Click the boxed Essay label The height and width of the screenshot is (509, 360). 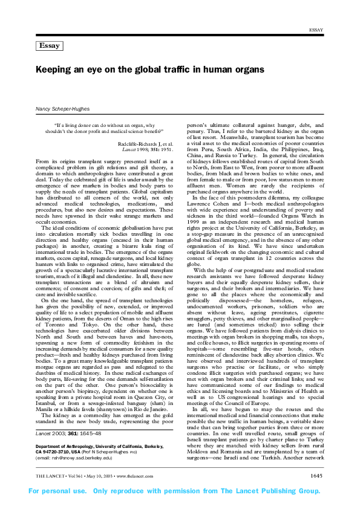click(x=49, y=46)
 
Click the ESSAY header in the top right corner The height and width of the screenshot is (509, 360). click(x=318, y=30)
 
